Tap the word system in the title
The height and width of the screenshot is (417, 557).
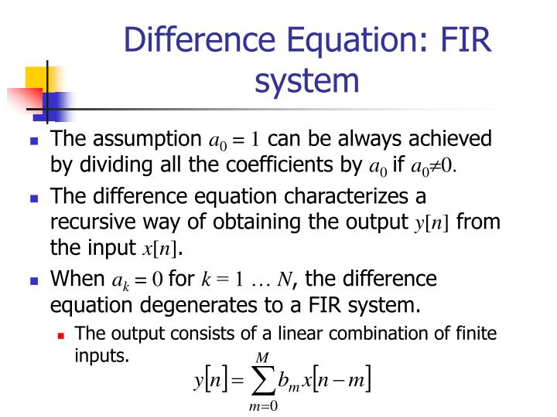[x=308, y=80]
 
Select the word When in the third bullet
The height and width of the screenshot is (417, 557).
[x=73, y=278]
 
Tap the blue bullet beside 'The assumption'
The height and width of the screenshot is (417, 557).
[x=34, y=141]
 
